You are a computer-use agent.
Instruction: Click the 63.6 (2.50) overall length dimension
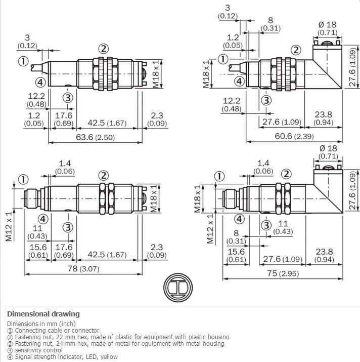(x=95, y=137)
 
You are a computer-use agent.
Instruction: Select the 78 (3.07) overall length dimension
(x=83, y=268)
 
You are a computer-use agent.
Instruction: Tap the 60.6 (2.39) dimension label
(x=294, y=136)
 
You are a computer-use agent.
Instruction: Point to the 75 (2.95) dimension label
(x=283, y=273)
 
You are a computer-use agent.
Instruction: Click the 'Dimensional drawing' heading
(x=43, y=314)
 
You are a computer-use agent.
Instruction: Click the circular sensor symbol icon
(x=178, y=288)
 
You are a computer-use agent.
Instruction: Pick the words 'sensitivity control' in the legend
(x=39, y=350)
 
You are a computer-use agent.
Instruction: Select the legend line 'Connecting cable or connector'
(x=57, y=331)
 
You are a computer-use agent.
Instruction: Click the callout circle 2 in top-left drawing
(x=104, y=49)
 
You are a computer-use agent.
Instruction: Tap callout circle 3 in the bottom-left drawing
(x=68, y=227)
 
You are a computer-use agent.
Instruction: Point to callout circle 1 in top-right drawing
(x=223, y=59)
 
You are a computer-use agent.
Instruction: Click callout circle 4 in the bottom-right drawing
(x=239, y=219)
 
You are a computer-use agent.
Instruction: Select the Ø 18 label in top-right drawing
(x=327, y=28)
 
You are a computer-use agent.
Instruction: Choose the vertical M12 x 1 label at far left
(x=9, y=227)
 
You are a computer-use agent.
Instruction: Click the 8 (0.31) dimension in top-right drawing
(x=271, y=24)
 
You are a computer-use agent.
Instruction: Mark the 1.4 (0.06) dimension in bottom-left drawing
(x=65, y=167)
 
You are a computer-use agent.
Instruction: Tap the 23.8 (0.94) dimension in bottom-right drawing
(x=324, y=255)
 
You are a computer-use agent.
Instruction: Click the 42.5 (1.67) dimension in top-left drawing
(x=107, y=123)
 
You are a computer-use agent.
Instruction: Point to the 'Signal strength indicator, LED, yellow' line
(x=66, y=357)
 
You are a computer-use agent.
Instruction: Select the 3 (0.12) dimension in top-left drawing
(x=27, y=42)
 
